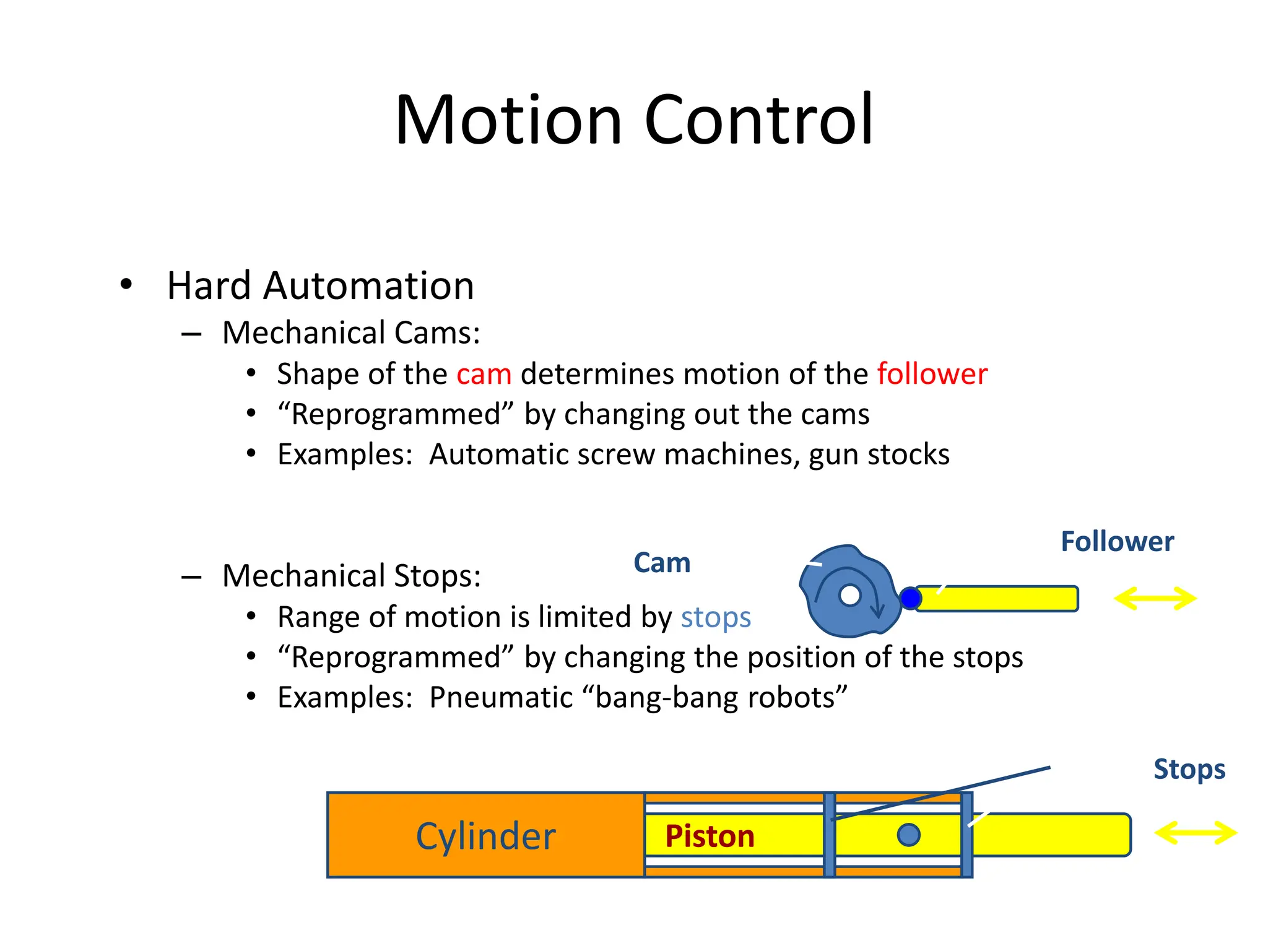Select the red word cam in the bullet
[484, 375]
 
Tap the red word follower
[932, 375]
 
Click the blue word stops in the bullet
[716, 618]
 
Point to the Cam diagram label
[661, 563]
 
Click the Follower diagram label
[1117, 542]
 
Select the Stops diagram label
[1189, 770]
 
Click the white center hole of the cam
[849, 596]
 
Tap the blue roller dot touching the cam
[910, 599]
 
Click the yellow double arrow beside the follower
[1155, 599]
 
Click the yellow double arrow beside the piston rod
[1196, 833]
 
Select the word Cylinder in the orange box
[485, 836]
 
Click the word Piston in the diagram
[710, 836]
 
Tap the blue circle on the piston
[908, 835]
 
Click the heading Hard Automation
[320, 286]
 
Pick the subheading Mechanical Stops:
[351, 576]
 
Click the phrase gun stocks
[879, 455]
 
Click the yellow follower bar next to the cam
[1003, 599]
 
